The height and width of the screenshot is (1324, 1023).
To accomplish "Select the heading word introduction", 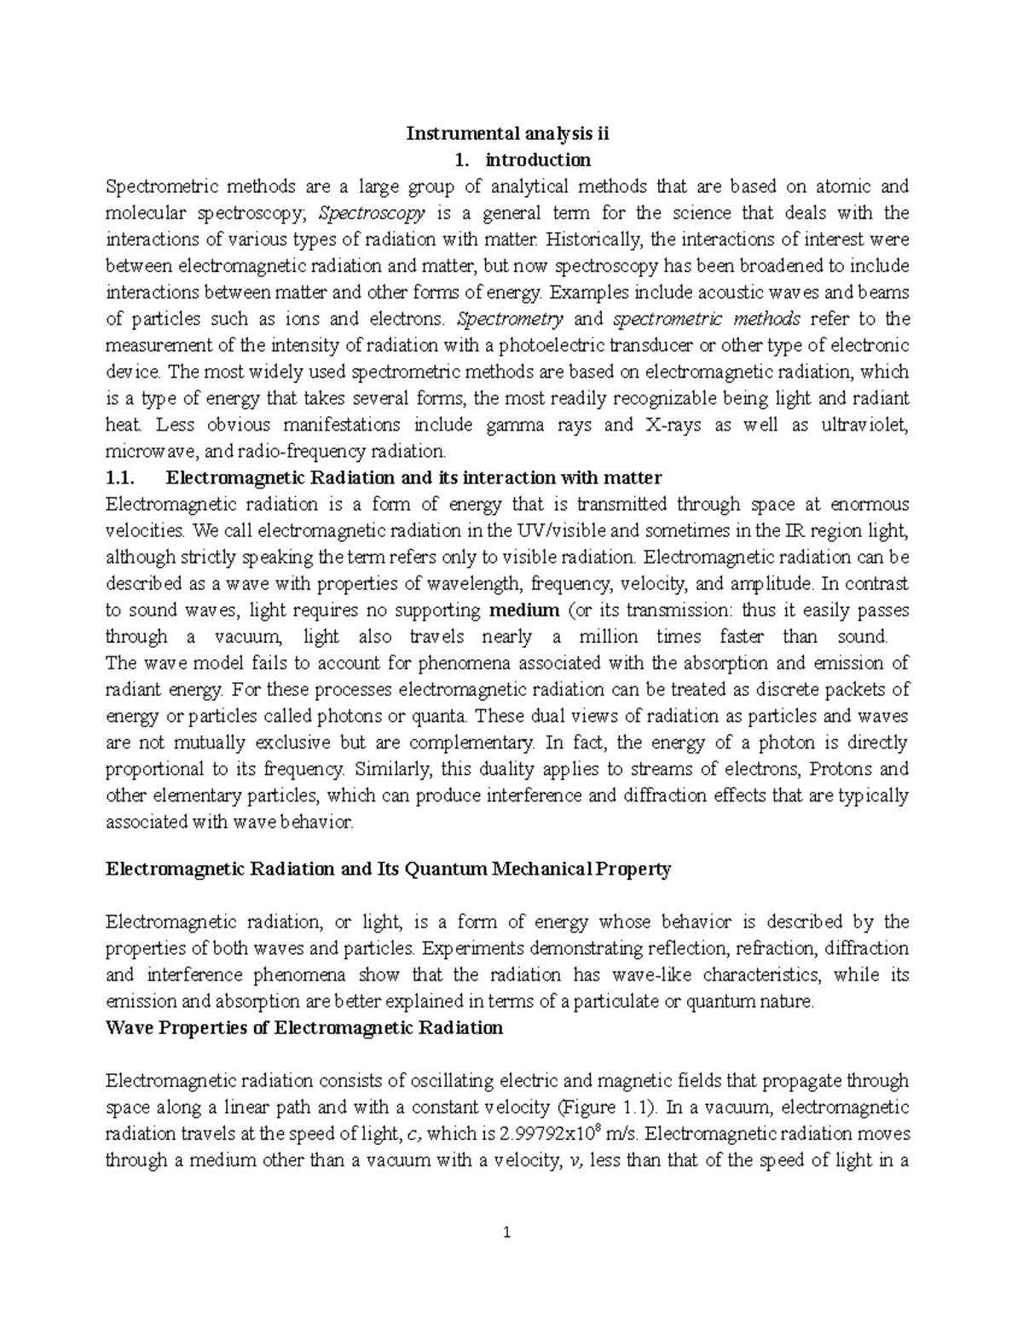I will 537,159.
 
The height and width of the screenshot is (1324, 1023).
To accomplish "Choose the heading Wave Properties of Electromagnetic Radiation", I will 303,1027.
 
